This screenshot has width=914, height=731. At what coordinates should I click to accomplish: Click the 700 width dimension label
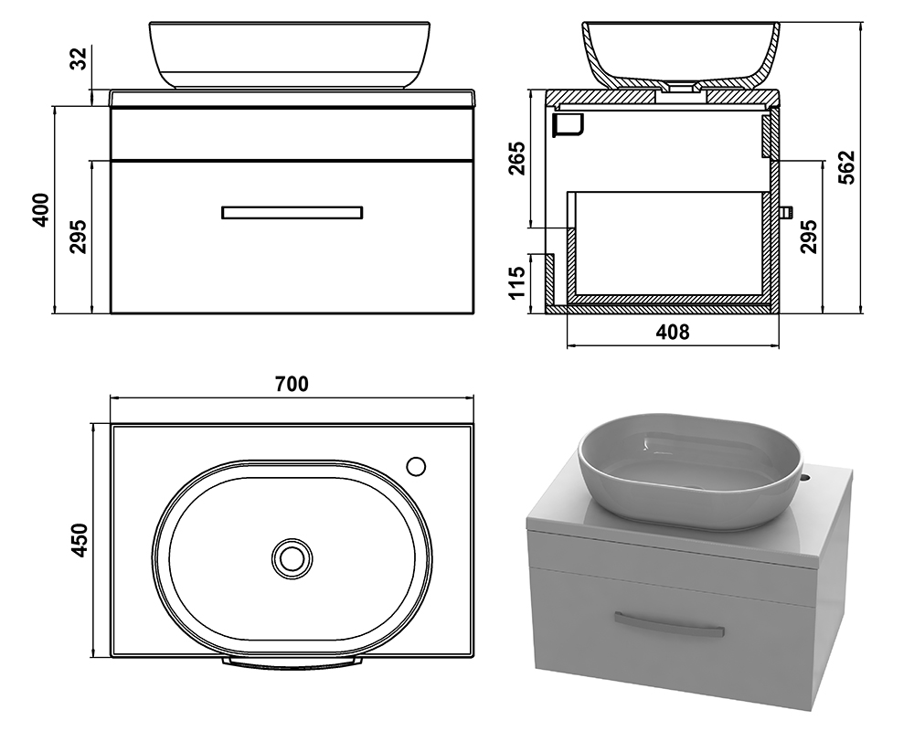pos(292,384)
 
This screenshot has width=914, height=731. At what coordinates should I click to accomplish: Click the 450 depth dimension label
pos(79,540)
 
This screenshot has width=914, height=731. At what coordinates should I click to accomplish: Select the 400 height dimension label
pos(41,210)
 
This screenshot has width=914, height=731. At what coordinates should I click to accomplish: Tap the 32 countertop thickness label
pos(79,58)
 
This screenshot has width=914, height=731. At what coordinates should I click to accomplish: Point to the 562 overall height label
pos(845,167)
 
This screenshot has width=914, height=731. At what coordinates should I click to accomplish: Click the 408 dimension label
pos(673,333)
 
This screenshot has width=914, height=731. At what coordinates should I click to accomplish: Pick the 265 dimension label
pos(516,158)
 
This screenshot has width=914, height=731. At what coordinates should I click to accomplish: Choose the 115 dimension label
pos(516,282)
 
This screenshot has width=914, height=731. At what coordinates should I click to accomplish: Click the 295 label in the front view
pos(79,237)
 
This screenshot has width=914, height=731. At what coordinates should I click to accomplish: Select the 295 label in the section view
pos(808,237)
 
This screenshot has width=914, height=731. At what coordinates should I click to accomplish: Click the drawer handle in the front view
pos(292,213)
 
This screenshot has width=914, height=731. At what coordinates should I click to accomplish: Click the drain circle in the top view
pos(292,558)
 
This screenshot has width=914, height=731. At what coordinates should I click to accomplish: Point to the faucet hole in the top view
pos(416,466)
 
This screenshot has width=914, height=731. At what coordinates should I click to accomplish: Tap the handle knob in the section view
pos(786,212)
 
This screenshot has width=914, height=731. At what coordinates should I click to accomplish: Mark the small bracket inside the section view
pos(569,125)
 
